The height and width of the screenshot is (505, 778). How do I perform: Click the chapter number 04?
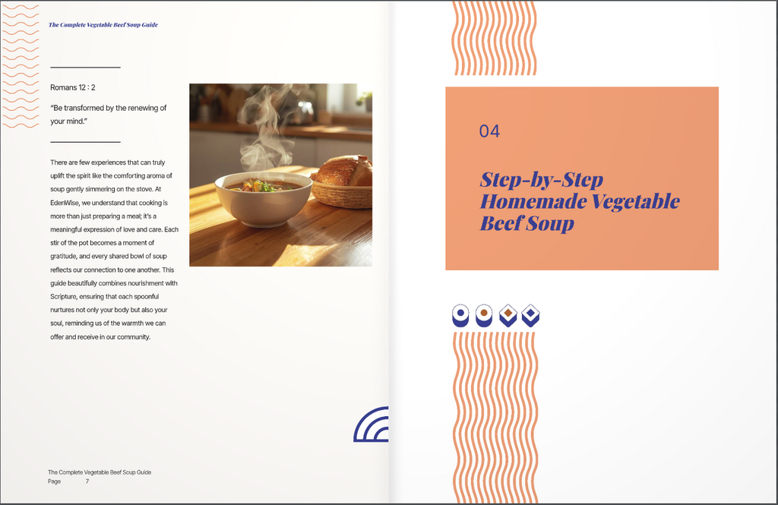[x=489, y=131]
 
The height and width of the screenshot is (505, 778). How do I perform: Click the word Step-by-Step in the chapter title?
[x=541, y=181]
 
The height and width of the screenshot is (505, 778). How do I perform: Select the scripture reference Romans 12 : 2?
[x=72, y=88]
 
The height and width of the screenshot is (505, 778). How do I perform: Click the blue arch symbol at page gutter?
[x=372, y=425]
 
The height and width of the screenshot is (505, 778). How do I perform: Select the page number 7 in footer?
[x=87, y=481]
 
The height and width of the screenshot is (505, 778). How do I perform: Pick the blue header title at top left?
[x=103, y=25]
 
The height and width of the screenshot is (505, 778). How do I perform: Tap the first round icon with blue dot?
[x=460, y=314]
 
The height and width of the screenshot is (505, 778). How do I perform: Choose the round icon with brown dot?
[x=484, y=314]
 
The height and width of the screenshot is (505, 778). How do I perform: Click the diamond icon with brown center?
[x=508, y=314]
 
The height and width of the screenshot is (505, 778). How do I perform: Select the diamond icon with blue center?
[x=531, y=314]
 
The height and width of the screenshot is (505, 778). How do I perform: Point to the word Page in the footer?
[x=55, y=481]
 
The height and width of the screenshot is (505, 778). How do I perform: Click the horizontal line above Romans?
[x=85, y=68]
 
